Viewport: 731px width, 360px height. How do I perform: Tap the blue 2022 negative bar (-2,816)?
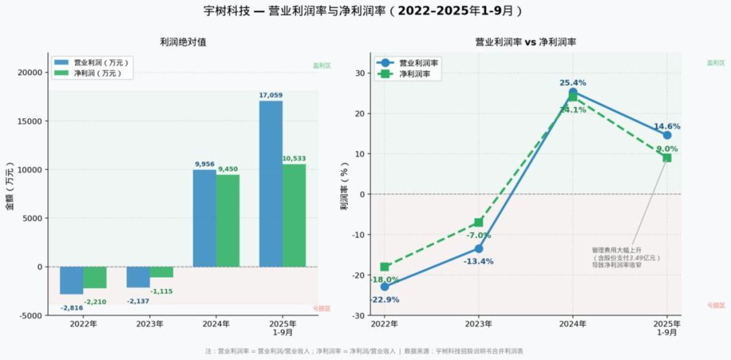click(72, 280)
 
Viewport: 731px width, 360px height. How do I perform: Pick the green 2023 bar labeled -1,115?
click(162, 272)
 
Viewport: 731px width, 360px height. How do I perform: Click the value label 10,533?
click(294, 159)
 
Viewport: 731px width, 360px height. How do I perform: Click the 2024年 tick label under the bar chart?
click(216, 324)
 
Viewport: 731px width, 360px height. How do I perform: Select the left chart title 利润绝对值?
click(183, 42)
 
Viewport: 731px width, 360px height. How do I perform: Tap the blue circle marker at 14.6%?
click(667, 135)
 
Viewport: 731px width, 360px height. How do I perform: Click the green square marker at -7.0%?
click(479, 222)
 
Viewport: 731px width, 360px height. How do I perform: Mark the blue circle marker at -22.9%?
click(385, 286)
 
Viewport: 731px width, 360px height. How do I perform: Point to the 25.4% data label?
click(573, 83)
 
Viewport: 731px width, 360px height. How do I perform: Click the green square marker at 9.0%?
click(667, 158)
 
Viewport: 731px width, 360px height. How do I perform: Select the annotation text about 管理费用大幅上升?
click(626, 257)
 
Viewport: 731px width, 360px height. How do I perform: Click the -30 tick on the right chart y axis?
click(359, 315)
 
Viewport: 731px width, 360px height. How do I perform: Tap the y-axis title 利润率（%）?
click(344, 186)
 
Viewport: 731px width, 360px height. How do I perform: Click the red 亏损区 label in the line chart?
click(716, 305)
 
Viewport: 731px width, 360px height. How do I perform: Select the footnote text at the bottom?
click(364, 351)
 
